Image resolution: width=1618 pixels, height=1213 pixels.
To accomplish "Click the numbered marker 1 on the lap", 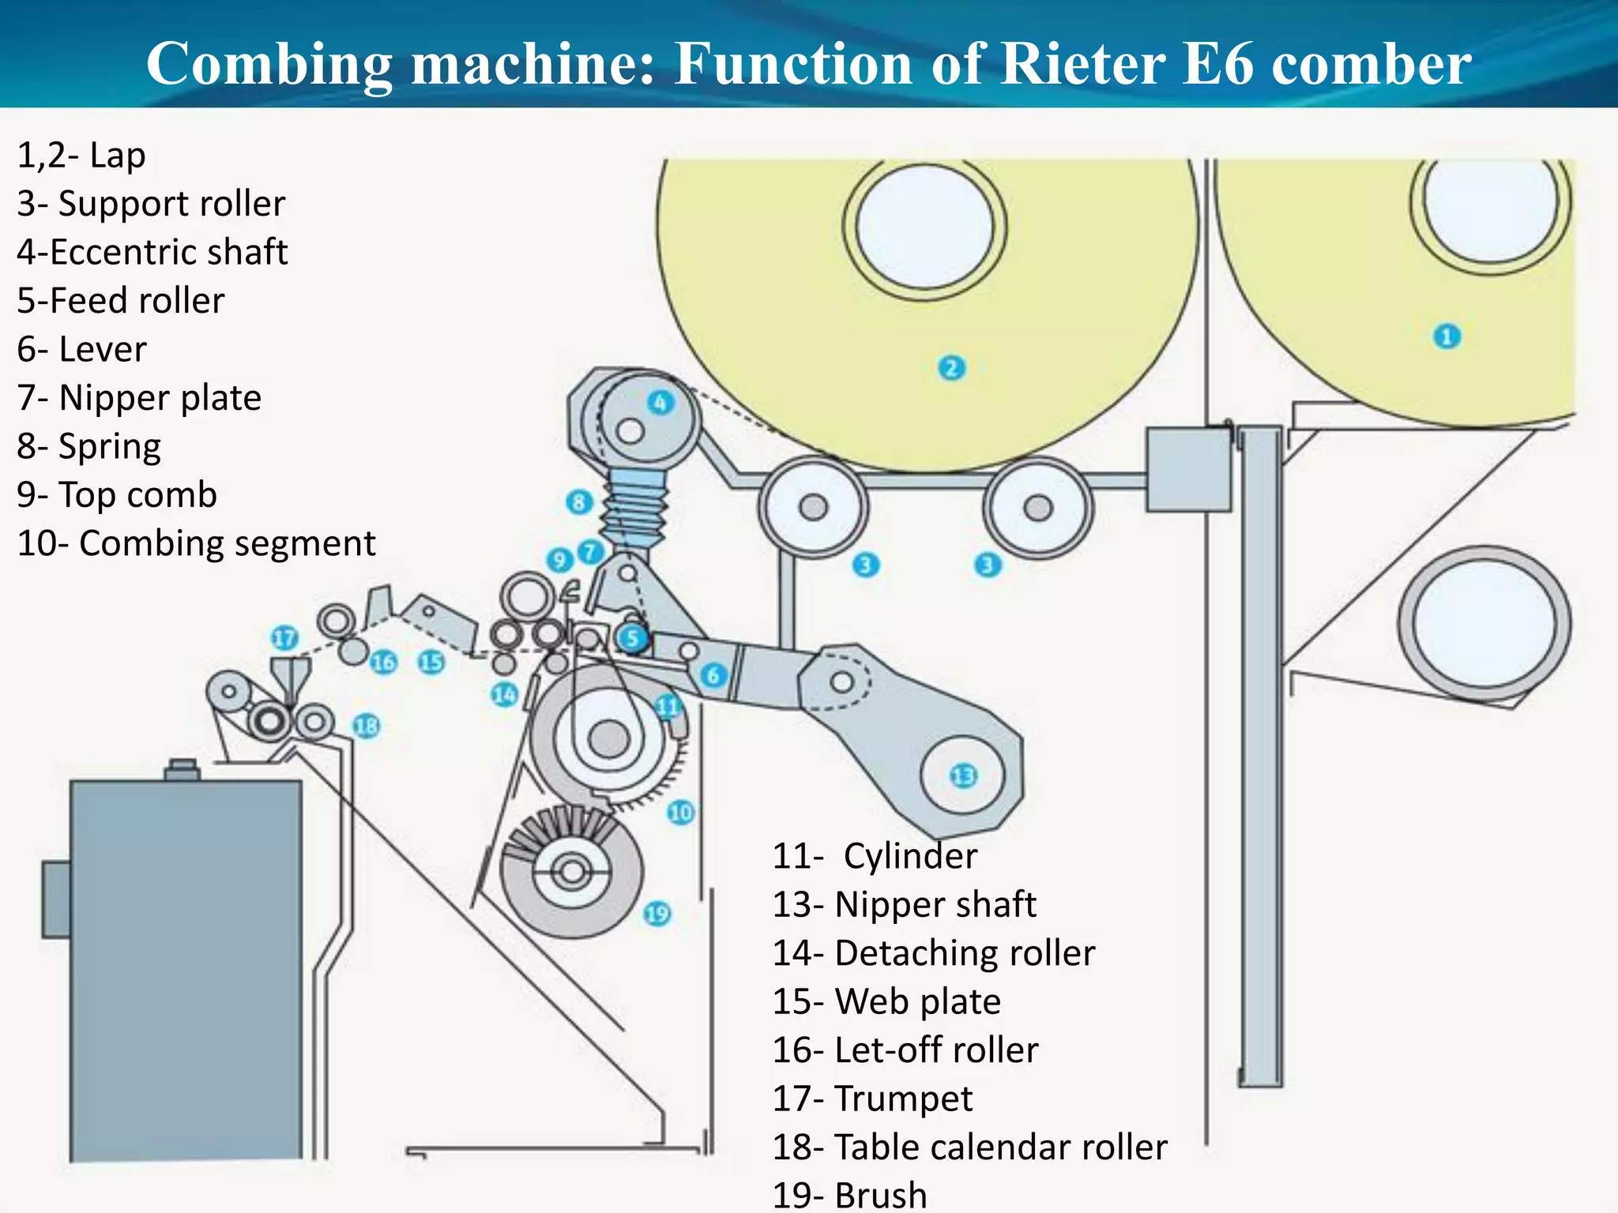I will pos(1447,337).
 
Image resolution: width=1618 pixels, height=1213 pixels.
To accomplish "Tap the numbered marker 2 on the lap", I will pos(951,368).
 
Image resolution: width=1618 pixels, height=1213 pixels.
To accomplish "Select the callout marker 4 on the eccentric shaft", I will pos(660,403).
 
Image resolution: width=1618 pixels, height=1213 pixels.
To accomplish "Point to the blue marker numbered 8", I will pos(579,502).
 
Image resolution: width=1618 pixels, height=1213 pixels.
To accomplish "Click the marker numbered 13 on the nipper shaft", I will pos(963,775).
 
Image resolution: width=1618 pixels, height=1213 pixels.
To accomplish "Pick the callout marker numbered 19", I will pos(657,914).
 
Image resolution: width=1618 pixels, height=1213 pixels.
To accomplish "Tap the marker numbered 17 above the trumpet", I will pos(284,638).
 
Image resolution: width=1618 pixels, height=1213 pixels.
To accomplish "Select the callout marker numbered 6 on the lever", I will pos(713,675).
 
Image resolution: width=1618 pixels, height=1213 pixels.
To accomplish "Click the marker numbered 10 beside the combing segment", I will pos(680,812).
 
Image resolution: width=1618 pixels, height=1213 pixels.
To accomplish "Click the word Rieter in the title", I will pos(1082,63).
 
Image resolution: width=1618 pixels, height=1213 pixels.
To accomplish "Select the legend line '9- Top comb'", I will pos(117,495).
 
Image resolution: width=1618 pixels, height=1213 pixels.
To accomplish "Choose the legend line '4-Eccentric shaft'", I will pos(152,252).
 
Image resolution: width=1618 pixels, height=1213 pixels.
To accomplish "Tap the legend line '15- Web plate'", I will pos(886,1001).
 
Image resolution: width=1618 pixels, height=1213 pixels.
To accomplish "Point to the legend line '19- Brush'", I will pos(849,1195).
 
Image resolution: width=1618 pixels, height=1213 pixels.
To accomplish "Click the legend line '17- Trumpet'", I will pos(872,1098).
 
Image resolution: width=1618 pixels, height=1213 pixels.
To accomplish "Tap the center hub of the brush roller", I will pos(572,873).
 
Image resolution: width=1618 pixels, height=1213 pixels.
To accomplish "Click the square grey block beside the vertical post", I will pos(1188,470).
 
